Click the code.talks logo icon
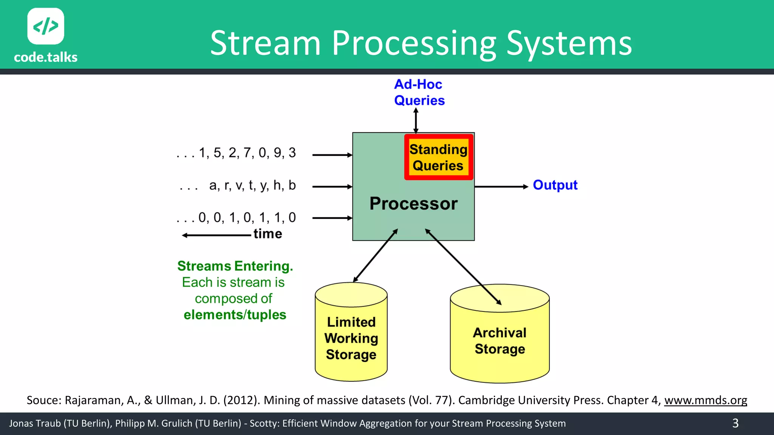pos(46,26)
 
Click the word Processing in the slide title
pos(414,43)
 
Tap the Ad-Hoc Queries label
pos(419,93)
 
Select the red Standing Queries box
pos(438,157)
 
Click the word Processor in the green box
pos(413,204)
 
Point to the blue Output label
pos(555,185)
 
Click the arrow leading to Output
pos(501,187)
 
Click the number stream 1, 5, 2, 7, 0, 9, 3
pos(247,153)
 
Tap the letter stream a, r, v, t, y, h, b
pos(252,185)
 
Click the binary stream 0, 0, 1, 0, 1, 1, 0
pos(247,217)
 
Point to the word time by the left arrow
pos(268,234)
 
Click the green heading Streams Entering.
pos(235,266)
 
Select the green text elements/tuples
pos(235,315)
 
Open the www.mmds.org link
pos(705,400)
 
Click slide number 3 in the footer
pos(735,423)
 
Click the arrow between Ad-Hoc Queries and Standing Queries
pos(416,120)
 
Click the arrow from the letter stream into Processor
pos(332,187)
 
